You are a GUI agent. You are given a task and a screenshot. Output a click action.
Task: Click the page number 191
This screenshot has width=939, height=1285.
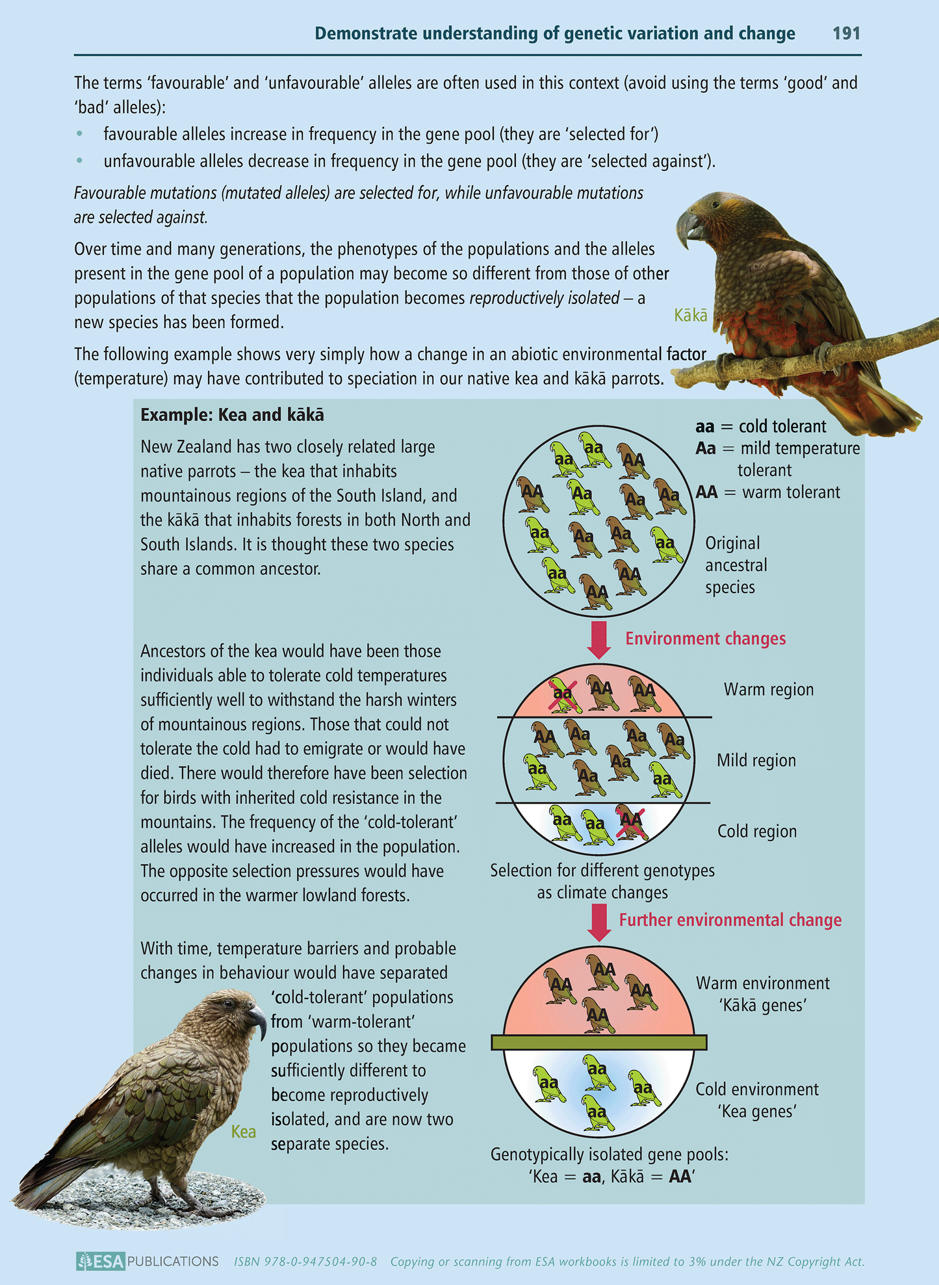click(846, 33)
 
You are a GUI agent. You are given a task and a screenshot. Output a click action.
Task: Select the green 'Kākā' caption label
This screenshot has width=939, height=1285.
click(690, 316)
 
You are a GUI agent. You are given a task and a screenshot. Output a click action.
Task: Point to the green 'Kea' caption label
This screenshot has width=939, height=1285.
click(243, 1132)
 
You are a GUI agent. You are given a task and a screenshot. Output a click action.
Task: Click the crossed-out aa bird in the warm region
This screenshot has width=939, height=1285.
click(562, 694)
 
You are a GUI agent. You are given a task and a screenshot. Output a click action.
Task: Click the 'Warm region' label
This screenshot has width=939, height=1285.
click(769, 689)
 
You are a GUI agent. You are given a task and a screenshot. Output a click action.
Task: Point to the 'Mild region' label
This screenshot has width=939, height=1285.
click(756, 760)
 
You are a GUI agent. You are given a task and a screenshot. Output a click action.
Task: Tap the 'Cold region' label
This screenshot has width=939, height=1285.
click(757, 831)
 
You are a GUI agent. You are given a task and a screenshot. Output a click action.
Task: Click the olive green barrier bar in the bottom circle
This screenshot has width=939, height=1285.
click(598, 1042)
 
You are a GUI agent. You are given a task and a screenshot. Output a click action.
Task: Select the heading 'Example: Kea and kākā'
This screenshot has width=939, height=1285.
click(232, 414)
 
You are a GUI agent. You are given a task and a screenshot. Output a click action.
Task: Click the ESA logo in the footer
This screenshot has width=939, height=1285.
click(100, 1261)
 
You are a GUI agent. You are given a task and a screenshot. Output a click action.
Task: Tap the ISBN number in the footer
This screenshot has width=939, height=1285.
click(305, 1262)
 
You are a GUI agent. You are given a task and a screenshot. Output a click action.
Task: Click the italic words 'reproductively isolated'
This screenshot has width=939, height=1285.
click(544, 298)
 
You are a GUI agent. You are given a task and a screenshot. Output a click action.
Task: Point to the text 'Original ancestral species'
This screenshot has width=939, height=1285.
click(736, 565)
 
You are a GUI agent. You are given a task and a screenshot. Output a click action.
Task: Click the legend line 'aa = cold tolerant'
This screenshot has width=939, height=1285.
click(760, 426)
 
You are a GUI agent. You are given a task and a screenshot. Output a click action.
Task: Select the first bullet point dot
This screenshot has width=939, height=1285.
click(80, 134)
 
